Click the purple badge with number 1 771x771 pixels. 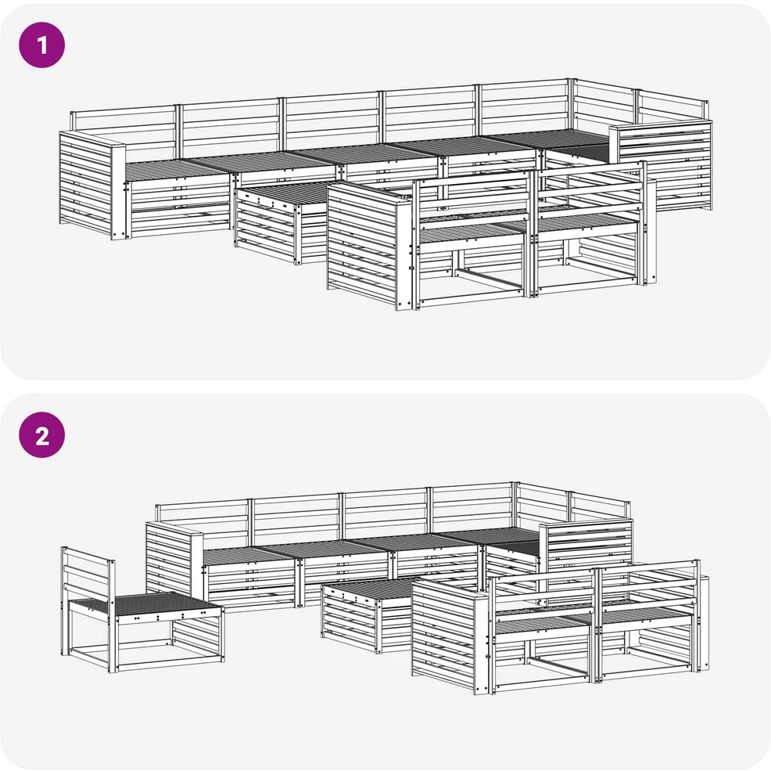[x=41, y=45]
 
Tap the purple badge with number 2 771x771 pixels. [x=41, y=435]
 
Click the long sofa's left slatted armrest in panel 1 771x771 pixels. [x=92, y=186]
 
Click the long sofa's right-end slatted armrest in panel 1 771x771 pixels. [x=661, y=165]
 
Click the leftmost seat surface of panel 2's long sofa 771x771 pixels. [x=249, y=556]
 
